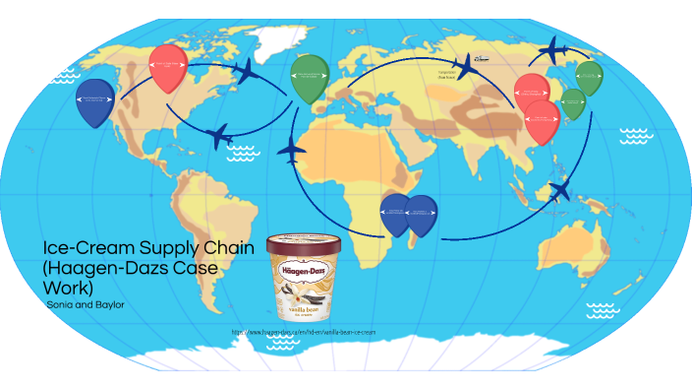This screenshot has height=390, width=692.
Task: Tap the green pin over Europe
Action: tap(308, 75)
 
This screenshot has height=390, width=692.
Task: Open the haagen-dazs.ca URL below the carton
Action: tap(304, 333)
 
